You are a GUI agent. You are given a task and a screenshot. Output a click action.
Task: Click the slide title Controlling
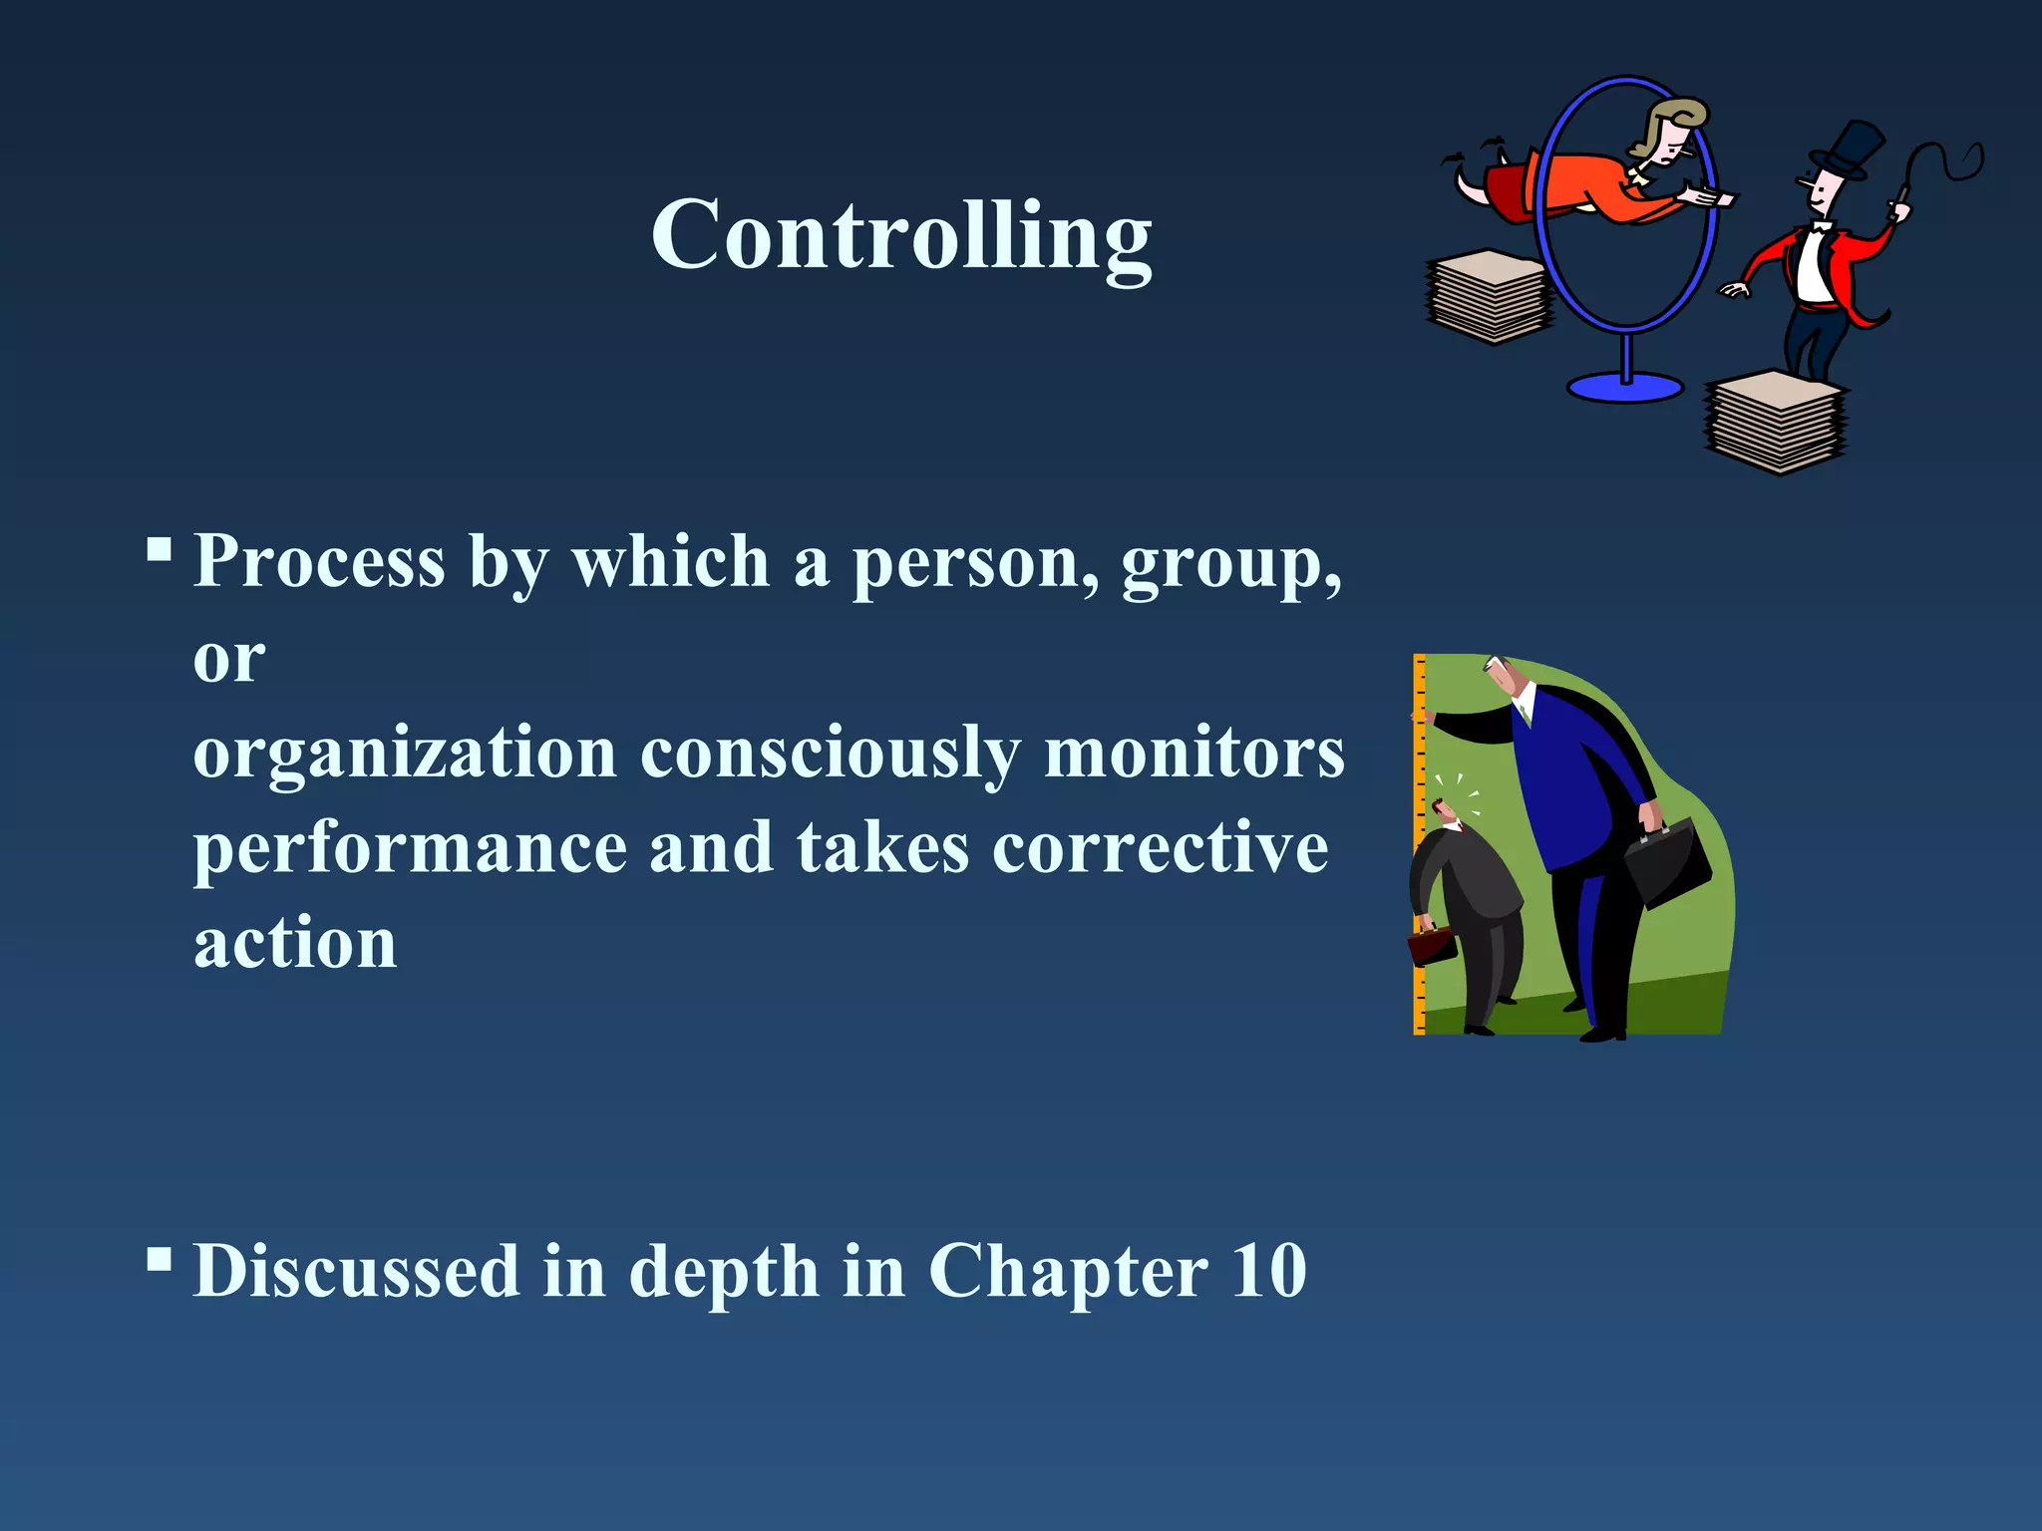pyautogui.click(x=901, y=237)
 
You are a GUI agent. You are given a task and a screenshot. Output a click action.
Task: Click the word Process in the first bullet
pyautogui.click(x=319, y=561)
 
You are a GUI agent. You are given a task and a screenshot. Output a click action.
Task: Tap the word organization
pyautogui.click(x=405, y=753)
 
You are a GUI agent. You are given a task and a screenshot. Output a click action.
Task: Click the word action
pyautogui.click(x=295, y=943)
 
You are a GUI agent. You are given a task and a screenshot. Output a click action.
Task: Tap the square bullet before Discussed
pyautogui.click(x=159, y=1260)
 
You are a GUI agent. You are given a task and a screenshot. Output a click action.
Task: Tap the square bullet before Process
pyautogui.click(x=159, y=549)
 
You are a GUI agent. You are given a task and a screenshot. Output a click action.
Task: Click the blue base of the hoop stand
pyautogui.click(x=1625, y=387)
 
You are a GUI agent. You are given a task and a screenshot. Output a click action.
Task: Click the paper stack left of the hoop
pyautogui.click(x=1490, y=296)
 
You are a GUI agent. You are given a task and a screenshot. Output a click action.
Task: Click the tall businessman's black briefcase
pyautogui.click(x=1666, y=861)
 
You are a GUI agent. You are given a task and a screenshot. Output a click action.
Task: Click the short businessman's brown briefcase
pyautogui.click(x=1433, y=946)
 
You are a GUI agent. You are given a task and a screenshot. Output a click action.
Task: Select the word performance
pyautogui.click(x=410, y=849)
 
